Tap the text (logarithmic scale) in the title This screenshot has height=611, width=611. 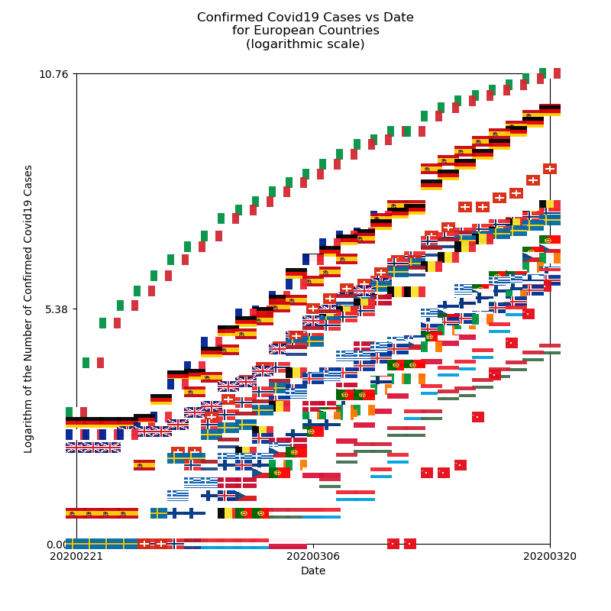pos(305,44)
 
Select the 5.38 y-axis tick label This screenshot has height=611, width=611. pos(57,309)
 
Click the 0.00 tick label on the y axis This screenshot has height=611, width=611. pos(57,545)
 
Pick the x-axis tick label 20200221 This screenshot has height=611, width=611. pos(76,558)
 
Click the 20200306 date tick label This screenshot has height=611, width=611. pos(313,558)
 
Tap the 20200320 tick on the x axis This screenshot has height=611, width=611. pos(550,558)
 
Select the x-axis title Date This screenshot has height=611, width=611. pos(313,571)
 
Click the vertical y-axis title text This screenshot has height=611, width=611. pos(29,309)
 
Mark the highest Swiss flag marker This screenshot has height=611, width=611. pos(550,169)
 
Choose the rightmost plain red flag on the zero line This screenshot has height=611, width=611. pos(410,544)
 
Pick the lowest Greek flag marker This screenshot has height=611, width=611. pos(178,494)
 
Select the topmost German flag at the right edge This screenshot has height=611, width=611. pos(550,110)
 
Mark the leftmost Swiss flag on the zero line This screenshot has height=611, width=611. pos(144,544)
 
